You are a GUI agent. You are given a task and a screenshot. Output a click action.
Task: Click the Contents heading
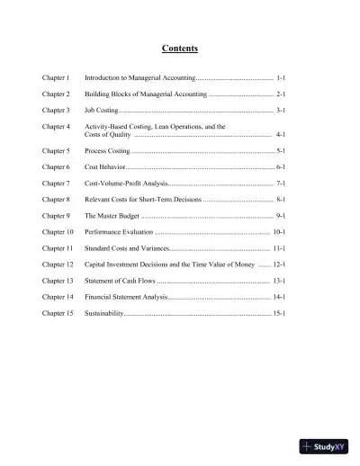coord(179,48)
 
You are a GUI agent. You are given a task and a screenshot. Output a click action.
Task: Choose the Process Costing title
coord(107,151)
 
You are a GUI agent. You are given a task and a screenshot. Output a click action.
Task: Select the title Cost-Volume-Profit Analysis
coord(126,183)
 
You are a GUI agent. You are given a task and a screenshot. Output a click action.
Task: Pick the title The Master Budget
coord(112,216)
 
